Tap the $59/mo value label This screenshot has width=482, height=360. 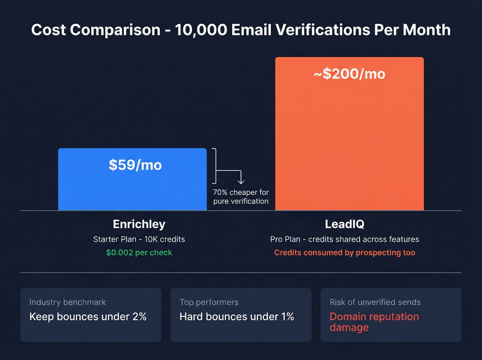tap(135, 165)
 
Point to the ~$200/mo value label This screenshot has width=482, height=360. tap(349, 74)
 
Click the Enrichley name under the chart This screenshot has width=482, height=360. tap(139, 224)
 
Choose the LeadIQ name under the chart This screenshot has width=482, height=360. tap(345, 224)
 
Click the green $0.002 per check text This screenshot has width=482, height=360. tap(139, 253)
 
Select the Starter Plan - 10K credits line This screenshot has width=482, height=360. tap(139, 239)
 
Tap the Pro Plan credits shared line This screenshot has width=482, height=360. tap(345, 239)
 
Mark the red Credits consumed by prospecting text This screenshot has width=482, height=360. tap(345, 253)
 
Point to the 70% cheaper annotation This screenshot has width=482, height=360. tap(241, 197)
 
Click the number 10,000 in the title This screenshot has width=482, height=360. tap(201, 30)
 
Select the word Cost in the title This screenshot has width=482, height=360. tap(48, 30)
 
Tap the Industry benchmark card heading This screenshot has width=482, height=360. tap(67, 302)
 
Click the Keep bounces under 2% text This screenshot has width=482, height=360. tap(88, 317)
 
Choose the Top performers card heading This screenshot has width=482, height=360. tap(209, 302)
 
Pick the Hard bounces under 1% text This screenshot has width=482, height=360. tap(237, 317)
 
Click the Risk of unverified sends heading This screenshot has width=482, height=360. tap(375, 302)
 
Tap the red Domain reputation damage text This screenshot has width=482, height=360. tap(374, 322)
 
